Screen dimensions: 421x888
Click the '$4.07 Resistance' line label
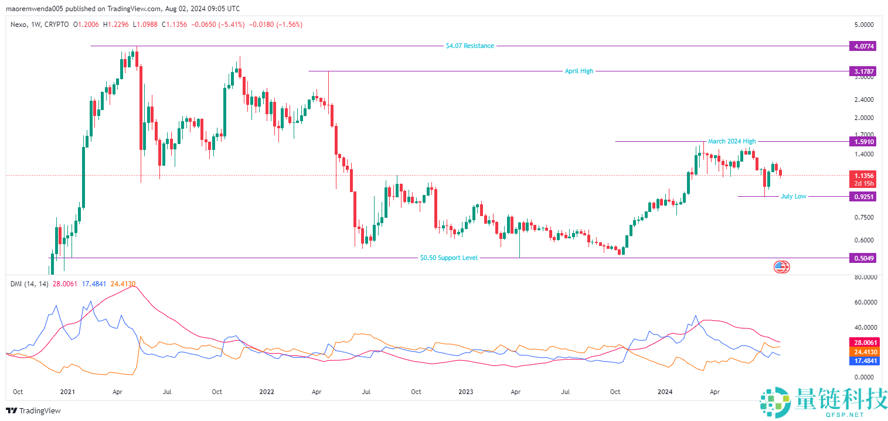coord(469,46)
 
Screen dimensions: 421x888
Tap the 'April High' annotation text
coord(579,71)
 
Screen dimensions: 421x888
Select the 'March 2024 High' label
coord(732,141)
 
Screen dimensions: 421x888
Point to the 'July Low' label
coord(793,196)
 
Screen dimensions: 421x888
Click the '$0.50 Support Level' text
coord(449,258)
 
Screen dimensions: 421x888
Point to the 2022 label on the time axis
coord(267,391)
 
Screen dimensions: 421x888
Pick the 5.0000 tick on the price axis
coord(864,25)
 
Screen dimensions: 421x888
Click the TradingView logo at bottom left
coord(33,410)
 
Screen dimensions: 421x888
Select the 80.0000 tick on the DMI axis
coord(864,277)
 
